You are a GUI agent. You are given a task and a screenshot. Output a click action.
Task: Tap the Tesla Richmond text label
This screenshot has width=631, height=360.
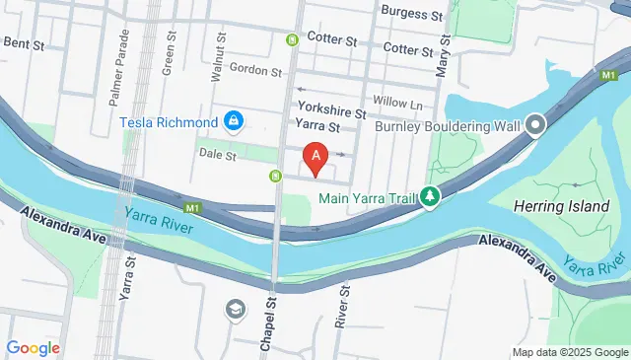tap(169, 122)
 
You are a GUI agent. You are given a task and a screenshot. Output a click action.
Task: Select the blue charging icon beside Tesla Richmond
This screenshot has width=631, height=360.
tap(234, 122)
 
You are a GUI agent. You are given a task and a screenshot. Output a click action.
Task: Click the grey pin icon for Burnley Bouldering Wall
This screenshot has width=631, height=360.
tap(535, 125)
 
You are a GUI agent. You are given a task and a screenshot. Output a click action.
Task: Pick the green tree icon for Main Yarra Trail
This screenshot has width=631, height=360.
tap(430, 197)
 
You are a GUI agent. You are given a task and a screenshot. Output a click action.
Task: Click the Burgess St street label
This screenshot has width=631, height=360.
tap(412, 15)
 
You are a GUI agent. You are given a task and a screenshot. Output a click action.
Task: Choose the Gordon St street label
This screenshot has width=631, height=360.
tap(255, 70)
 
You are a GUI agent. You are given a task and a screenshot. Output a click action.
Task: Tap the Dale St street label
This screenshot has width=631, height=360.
tap(217, 156)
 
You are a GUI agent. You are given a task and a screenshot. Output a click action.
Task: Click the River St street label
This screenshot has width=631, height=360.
tap(343, 304)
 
